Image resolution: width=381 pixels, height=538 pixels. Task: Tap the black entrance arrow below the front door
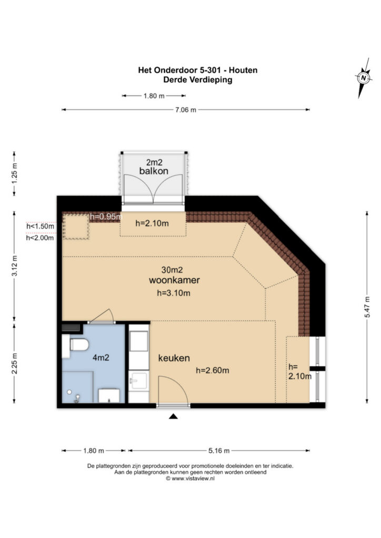(173, 417)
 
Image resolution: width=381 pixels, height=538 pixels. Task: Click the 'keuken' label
(174, 358)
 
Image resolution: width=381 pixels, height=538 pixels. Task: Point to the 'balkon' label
(154, 171)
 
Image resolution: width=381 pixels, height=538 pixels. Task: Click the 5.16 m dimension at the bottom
(218, 451)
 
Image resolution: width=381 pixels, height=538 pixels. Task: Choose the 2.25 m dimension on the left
(15, 364)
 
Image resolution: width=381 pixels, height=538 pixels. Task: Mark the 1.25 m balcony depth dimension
(15, 172)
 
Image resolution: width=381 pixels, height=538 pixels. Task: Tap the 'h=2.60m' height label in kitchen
(212, 370)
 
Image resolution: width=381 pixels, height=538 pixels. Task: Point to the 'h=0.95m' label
(106, 216)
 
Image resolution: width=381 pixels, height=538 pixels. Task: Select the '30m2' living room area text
(172, 270)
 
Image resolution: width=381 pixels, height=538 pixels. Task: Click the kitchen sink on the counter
(138, 379)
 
